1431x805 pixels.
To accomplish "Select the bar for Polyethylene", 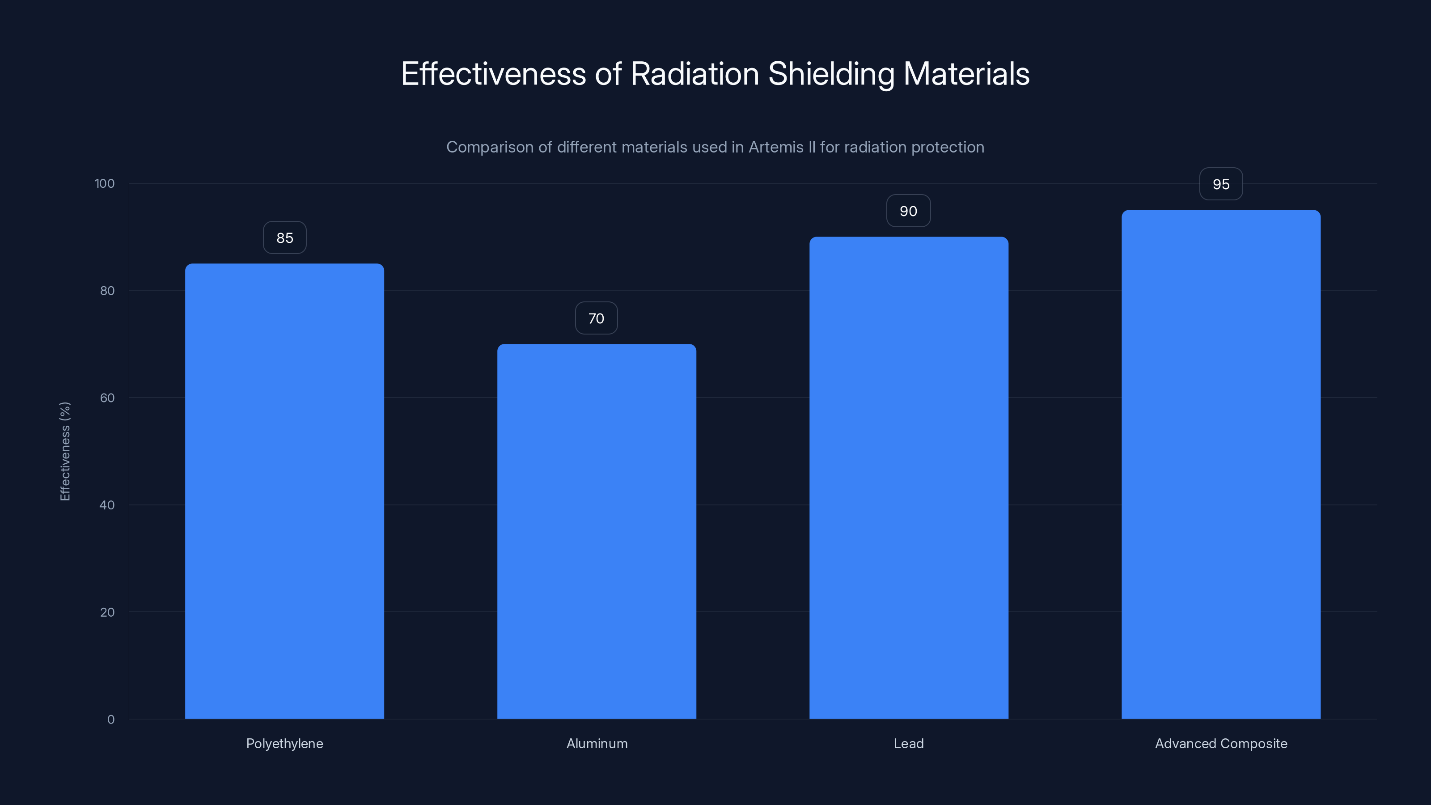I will pyautogui.click(x=284, y=491).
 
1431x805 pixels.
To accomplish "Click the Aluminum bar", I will pyautogui.click(x=597, y=531).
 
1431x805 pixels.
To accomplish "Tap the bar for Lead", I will pyautogui.click(x=909, y=478).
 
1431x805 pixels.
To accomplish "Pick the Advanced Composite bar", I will pyautogui.click(x=1221, y=465).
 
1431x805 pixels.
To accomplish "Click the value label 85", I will pyautogui.click(x=284, y=238).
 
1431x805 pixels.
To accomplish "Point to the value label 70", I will pyautogui.click(x=596, y=318).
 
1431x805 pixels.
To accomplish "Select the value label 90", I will pyautogui.click(x=908, y=211).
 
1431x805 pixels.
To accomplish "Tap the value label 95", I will pyautogui.click(x=1221, y=184).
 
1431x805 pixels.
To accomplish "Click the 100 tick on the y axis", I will pyautogui.click(x=105, y=183).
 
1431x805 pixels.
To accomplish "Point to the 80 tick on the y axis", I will pyautogui.click(x=107, y=291).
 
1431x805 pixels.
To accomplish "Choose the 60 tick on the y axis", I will pyautogui.click(x=107, y=398).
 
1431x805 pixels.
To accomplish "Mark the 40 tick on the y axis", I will pyautogui.click(x=107, y=505).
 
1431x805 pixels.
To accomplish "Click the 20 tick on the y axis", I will pyautogui.click(x=107, y=612).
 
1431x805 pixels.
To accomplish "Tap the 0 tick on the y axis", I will pyautogui.click(x=111, y=720).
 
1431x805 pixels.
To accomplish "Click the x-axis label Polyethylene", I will pyautogui.click(x=284, y=743).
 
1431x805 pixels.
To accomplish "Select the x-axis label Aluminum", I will pyautogui.click(x=597, y=743).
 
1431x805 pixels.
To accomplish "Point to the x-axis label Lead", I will pyautogui.click(x=909, y=743).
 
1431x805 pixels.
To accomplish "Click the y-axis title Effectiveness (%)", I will pyautogui.click(x=65, y=451).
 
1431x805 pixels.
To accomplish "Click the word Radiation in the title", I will pyautogui.click(x=694, y=74).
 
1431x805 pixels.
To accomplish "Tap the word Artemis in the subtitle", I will pyautogui.click(x=776, y=147).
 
